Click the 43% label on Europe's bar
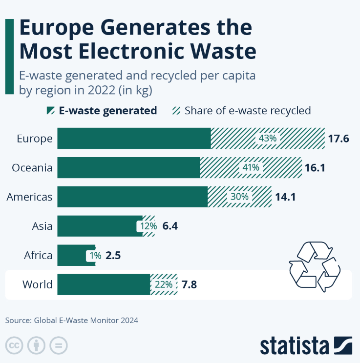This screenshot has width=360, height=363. click(268, 138)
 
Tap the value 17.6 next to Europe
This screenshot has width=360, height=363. click(338, 138)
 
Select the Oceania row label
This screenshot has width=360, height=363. click(32, 167)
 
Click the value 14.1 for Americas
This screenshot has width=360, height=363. click(285, 197)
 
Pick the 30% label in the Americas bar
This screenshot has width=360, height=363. click(239, 197)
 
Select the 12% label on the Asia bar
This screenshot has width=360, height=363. click(148, 226)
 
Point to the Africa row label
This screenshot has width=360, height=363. click(38, 255)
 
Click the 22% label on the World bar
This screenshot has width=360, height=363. click(163, 284)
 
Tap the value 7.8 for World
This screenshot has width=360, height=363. click(189, 284)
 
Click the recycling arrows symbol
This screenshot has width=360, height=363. click(314, 266)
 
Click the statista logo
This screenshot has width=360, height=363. click(305, 345)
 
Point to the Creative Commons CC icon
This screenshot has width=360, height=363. click(15, 345)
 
